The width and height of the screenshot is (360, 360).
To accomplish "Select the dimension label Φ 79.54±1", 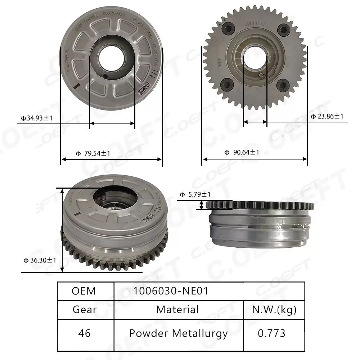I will click(93, 153).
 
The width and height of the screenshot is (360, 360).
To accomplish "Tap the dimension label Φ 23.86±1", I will click(327, 116).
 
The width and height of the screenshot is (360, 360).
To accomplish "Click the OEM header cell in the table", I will click(84, 291).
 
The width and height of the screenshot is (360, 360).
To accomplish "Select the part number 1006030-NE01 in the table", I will click(171, 291).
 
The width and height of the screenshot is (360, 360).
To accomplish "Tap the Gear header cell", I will click(84, 309).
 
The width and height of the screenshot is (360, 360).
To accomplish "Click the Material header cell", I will click(177, 309).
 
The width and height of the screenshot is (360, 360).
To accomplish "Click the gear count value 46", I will click(84, 333).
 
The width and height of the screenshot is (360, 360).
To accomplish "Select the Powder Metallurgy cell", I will click(178, 333).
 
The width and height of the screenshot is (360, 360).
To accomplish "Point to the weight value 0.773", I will click(272, 333).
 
